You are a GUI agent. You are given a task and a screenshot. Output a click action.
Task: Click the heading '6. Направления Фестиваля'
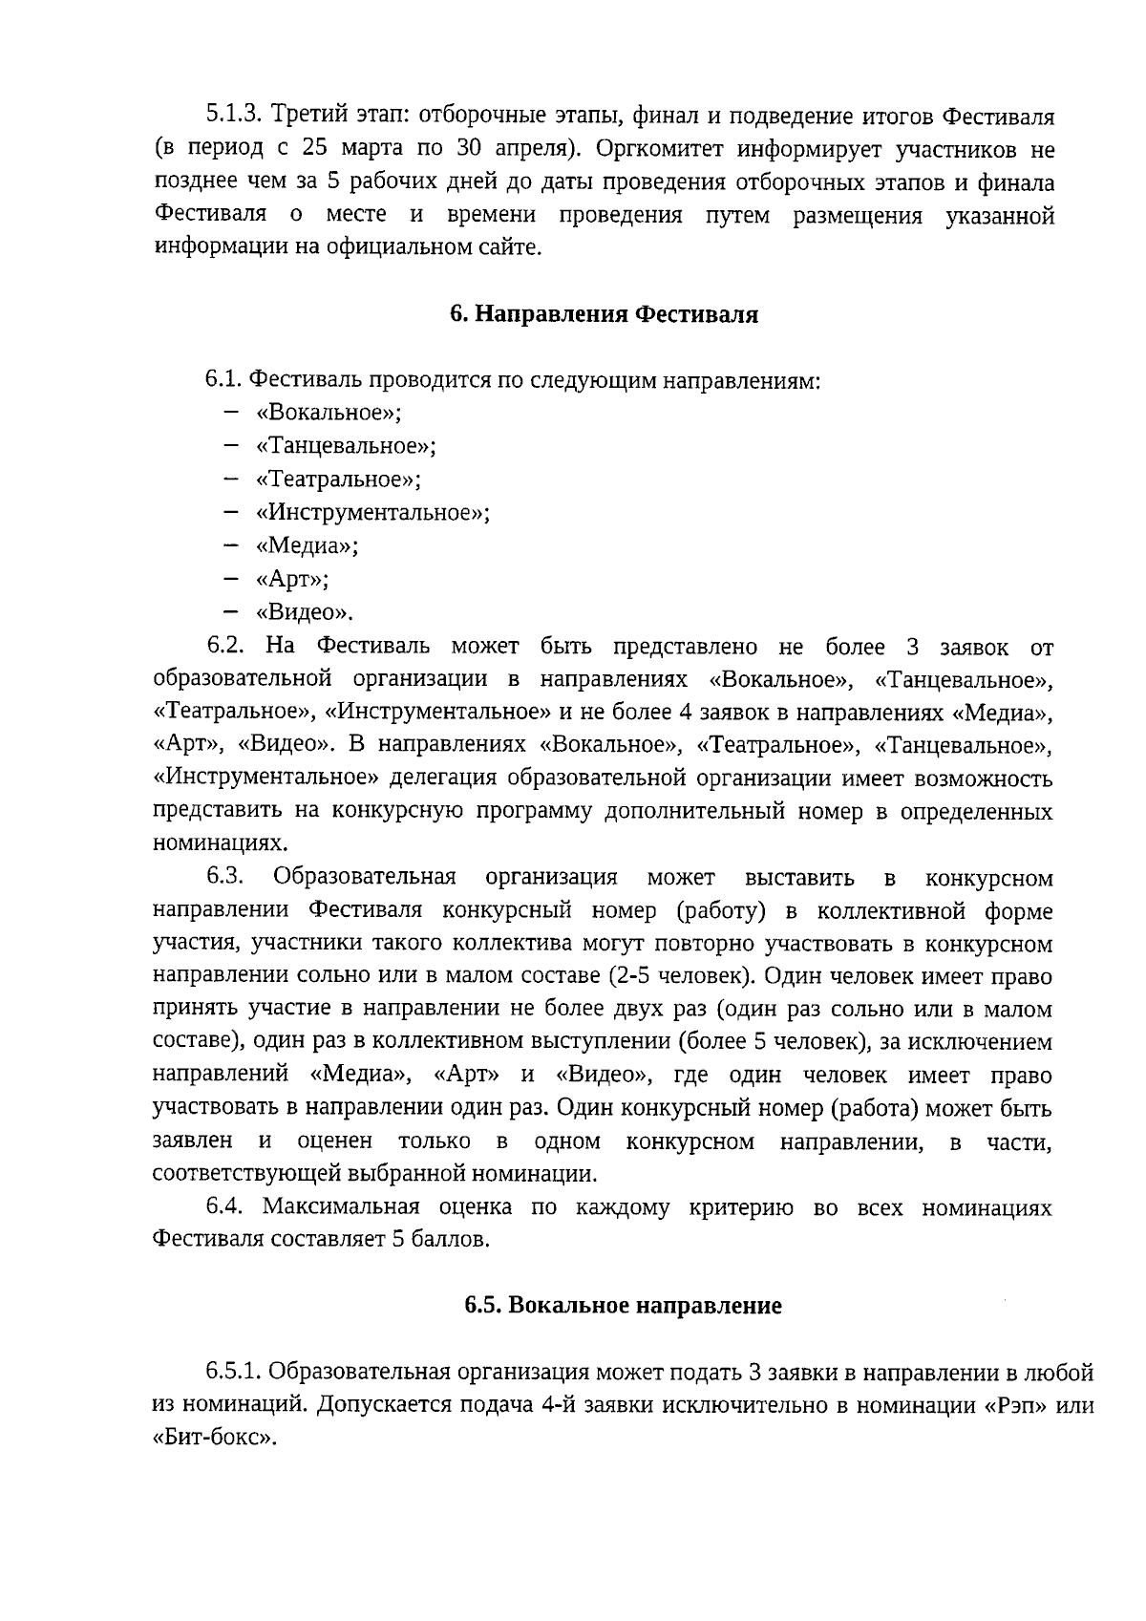[x=604, y=315]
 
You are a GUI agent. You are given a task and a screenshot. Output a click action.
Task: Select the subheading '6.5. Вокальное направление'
[x=623, y=1306]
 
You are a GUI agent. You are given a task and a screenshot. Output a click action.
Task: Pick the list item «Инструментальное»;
[x=372, y=512]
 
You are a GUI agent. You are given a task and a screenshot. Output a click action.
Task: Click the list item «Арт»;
[x=292, y=579]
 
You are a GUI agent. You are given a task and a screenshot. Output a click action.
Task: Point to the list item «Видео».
[x=304, y=612]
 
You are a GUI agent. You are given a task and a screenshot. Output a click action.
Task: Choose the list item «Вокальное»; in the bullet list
[x=329, y=413]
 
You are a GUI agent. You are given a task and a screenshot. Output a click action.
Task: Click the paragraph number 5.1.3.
[x=234, y=117]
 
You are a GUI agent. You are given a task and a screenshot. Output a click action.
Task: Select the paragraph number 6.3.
[x=227, y=878]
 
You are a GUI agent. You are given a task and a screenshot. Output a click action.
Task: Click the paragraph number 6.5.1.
[x=234, y=1374]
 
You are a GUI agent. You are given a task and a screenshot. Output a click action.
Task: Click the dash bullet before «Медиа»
[x=230, y=545]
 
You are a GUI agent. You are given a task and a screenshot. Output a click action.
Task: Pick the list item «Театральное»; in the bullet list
[x=338, y=480]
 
